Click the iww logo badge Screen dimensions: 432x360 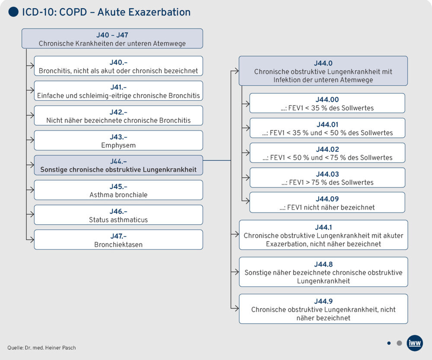click(415, 343)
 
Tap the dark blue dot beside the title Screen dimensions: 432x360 click(13, 12)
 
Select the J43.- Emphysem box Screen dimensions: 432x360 click(118, 140)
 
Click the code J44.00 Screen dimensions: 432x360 click(327, 99)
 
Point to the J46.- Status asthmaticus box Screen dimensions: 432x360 click(118, 215)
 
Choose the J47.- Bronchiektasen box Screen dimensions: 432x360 click(118, 239)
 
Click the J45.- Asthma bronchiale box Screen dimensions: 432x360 click(118, 190)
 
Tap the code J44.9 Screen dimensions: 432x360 click(323, 301)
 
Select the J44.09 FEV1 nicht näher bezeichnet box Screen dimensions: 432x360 click(327, 202)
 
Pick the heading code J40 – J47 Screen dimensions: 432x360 click(112, 35)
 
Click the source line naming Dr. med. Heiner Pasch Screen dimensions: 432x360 click(42, 347)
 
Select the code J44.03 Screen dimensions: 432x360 click(327, 174)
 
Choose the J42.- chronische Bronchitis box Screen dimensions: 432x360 click(118, 116)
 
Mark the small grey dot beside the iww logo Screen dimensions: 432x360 click(399, 343)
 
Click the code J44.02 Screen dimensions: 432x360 click(327, 149)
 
